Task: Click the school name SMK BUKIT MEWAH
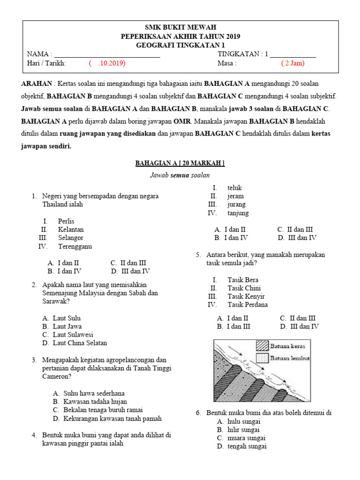click(180, 28)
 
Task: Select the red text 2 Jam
click(293, 63)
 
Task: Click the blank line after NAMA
click(107, 55)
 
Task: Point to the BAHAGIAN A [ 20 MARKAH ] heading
click(180, 163)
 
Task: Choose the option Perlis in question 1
click(66, 221)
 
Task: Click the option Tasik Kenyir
click(246, 296)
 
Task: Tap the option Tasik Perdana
click(247, 305)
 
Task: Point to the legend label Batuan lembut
click(290, 359)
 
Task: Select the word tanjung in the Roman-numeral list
click(238, 213)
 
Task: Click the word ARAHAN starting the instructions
click(37, 84)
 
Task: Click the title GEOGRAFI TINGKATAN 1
click(180, 45)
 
